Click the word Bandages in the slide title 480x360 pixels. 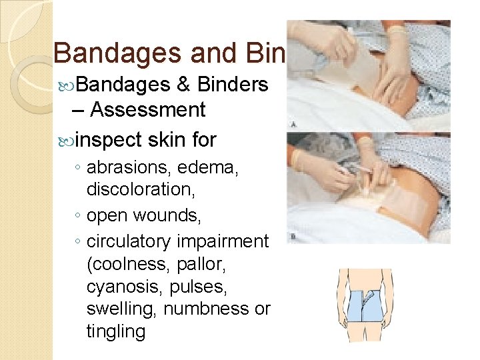[x=105, y=54]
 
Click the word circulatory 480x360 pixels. [x=129, y=241]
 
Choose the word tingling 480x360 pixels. [x=115, y=331]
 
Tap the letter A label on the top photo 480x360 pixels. [x=293, y=125]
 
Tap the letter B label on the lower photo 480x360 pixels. [x=293, y=235]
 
